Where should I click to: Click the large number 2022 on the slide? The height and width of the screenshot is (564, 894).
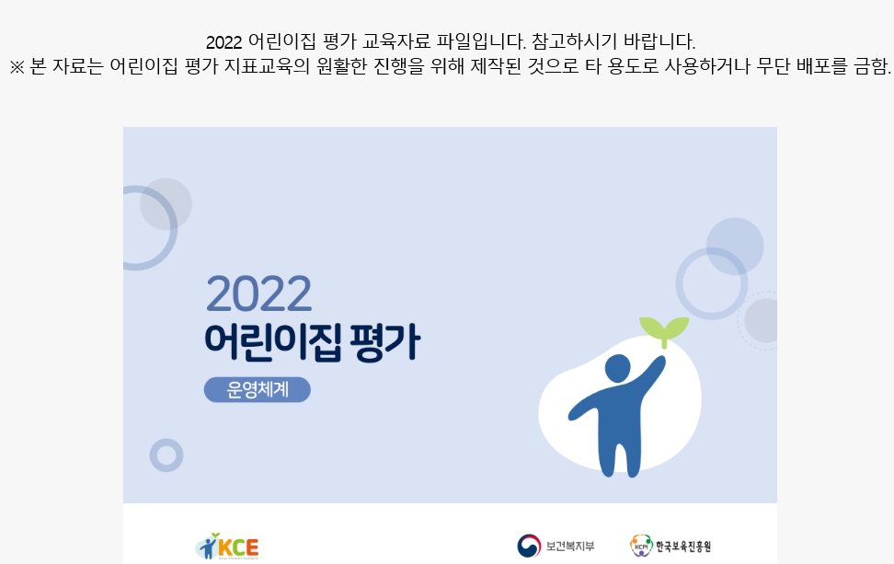coord(258,294)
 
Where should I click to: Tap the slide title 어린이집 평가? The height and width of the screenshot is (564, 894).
coord(313,342)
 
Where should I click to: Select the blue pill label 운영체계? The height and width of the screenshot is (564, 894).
coord(258,389)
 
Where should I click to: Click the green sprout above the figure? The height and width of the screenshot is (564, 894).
coord(664,330)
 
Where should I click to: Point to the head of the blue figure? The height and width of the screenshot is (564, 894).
coord(617,368)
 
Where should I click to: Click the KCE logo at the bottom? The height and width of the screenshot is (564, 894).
coord(227,547)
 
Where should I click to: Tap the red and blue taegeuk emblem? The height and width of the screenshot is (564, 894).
coord(529,546)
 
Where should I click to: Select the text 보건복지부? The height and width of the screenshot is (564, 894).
coord(570,547)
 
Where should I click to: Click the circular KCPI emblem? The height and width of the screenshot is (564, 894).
coord(641,546)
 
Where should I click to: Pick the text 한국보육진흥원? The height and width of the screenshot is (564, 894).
coord(683,547)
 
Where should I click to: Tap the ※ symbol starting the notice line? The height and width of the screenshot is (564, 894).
coord(17,67)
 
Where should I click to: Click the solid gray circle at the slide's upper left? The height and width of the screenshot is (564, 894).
coord(166,203)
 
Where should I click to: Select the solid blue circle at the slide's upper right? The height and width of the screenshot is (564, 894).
coord(735,247)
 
